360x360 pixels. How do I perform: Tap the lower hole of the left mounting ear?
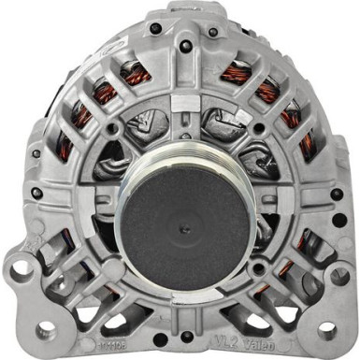(x=45, y=330)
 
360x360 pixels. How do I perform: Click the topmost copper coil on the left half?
(x=137, y=72)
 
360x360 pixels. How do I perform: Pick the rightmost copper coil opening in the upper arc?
(x=305, y=145)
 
